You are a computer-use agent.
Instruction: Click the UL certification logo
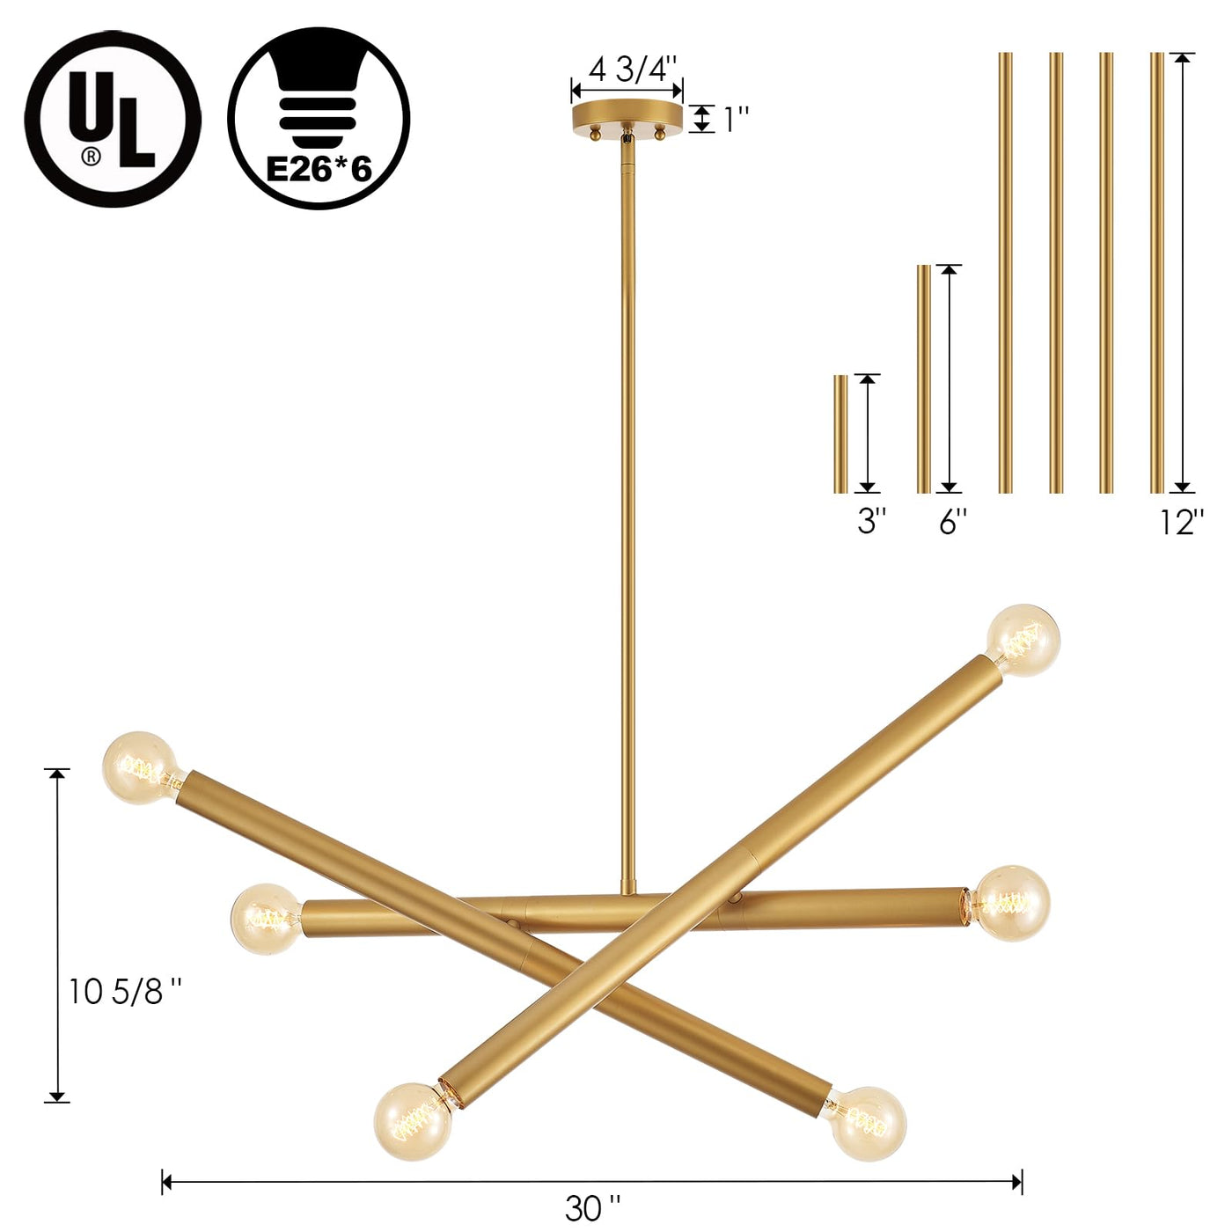(x=114, y=119)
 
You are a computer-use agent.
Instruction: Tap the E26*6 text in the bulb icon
(x=319, y=171)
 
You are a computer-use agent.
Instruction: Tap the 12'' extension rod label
(x=1182, y=521)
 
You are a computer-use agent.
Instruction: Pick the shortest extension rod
(x=840, y=435)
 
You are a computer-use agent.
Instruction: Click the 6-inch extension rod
(x=924, y=379)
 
